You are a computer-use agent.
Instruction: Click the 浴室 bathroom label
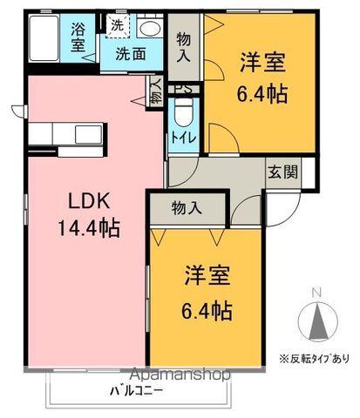pyautogui.click(x=78, y=37)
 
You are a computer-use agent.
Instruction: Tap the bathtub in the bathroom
pyautogui.click(x=46, y=39)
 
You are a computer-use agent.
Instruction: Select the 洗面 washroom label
pyautogui.click(x=132, y=53)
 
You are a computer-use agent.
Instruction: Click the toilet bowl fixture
pyautogui.click(x=183, y=112)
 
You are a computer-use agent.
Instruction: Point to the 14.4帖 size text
pyautogui.click(x=89, y=228)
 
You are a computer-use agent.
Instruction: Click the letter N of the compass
pyautogui.click(x=317, y=292)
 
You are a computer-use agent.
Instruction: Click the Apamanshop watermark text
pyautogui.click(x=178, y=375)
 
